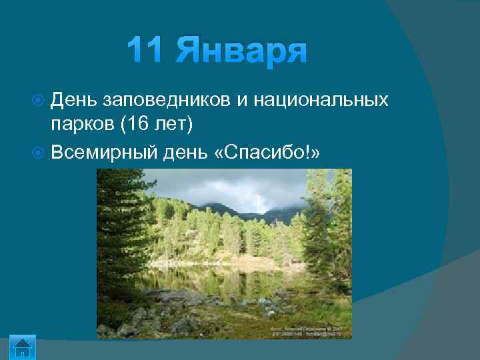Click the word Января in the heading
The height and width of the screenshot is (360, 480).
click(x=241, y=51)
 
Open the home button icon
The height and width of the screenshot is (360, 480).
click(x=23, y=348)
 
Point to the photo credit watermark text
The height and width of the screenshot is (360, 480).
click(x=309, y=331)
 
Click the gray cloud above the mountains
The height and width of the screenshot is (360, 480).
click(x=247, y=190)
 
